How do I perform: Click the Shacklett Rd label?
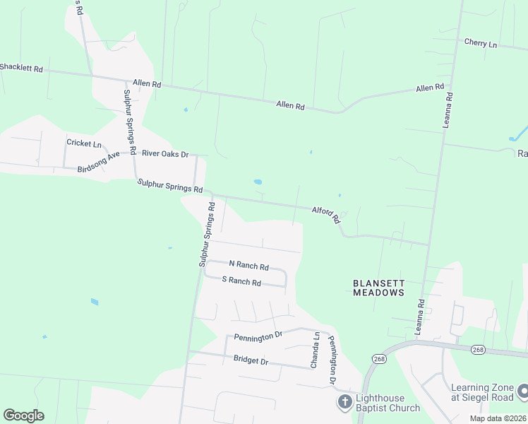coord(21,69)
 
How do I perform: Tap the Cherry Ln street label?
coord(481,44)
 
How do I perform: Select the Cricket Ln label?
coord(84,143)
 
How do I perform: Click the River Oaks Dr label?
coord(165,153)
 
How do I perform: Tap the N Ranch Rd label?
coord(244,267)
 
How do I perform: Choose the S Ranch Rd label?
coord(241,282)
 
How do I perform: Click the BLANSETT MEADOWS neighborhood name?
coord(378,288)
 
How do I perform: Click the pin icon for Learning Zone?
coord(523,391)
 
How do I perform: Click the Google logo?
coord(23,416)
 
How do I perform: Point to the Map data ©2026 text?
coord(498,418)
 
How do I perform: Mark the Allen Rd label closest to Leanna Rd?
coord(429,88)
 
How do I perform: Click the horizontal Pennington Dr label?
coord(258,337)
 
